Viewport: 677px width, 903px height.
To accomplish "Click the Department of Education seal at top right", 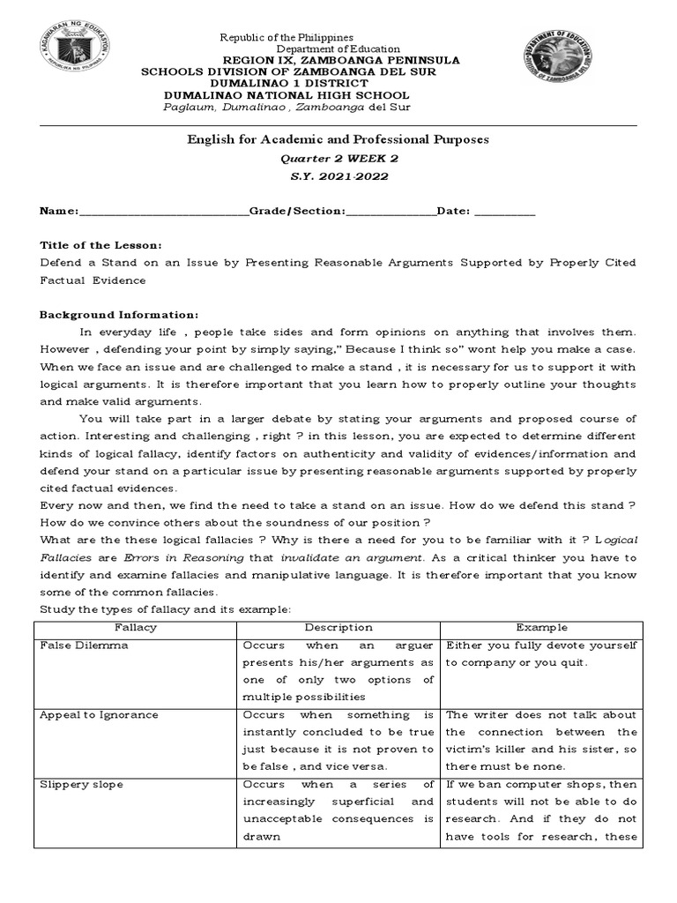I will pos(563,54).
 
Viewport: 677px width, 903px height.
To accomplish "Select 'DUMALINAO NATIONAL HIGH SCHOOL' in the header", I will pos(286,95).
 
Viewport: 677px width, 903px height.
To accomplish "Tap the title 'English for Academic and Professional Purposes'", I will pos(338,139).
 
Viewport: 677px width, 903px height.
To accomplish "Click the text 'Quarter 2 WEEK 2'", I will pos(338,158).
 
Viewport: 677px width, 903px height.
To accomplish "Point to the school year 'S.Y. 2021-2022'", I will pos(338,175).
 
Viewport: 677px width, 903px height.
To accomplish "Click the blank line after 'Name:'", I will pos(164,213).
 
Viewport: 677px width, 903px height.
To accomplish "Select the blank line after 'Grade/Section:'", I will pos(391,213).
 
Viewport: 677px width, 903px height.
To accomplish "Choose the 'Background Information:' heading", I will pos(120,315).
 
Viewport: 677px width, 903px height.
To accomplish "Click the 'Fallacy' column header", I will pos(136,628).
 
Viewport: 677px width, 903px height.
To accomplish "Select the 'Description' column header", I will pos(338,628).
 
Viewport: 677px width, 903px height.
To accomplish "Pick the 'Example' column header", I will pos(542,628).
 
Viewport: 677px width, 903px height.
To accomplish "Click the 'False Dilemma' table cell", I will pos(85,646).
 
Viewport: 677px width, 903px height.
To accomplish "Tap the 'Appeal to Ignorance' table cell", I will pos(99,715).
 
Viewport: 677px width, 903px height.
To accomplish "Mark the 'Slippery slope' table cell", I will pos(82,785).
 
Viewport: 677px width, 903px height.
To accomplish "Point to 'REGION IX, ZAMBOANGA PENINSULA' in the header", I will pos(342,60).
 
